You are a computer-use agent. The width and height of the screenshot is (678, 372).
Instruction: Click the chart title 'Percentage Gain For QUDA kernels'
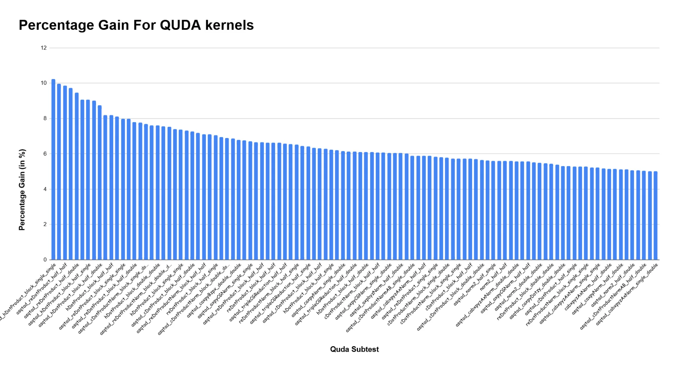click(136, 25)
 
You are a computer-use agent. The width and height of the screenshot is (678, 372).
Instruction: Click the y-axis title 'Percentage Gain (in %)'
click(22, 190)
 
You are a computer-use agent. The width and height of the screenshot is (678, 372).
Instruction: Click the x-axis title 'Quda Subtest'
click(354, 349)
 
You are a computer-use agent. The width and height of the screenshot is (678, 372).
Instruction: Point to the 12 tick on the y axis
click(43, 48)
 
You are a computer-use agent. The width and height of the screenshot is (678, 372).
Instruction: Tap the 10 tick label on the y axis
click(43, 83)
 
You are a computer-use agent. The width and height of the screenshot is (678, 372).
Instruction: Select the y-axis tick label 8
click(45, 118)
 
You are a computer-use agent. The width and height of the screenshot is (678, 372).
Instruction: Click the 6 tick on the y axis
click(45, 154)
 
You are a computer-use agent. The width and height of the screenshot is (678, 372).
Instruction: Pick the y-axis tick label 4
click(45, 189)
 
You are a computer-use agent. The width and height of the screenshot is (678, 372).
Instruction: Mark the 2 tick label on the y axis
click(45, 224)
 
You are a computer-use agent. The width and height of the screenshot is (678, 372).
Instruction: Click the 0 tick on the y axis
click(45, 260)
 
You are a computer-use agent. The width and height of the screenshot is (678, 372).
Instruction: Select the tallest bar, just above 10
click(53, 170)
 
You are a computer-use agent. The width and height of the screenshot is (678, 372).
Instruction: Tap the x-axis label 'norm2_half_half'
click(493, 277)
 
